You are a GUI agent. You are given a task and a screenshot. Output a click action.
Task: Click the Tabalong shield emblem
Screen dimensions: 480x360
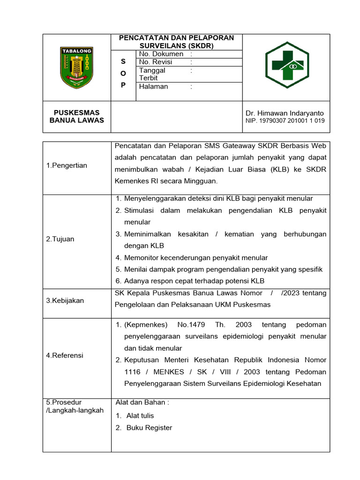pyautogui.click(x=77, y=67)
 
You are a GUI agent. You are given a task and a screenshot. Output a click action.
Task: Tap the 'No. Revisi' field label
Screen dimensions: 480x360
pyautogui.click(x=156, y=62)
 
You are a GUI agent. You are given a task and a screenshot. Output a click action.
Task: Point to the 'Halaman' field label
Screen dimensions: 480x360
pyautogui.click(x=153, y=86)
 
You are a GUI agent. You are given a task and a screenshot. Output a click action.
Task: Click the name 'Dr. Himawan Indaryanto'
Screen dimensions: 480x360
pyautogui.click(x=285, y=113)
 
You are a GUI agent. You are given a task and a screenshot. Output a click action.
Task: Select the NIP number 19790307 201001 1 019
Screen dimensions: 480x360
pyautogui.click(x=285, y=121)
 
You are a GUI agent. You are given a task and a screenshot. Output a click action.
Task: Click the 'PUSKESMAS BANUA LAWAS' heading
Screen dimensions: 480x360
pyautogui.click(x=77, y=116)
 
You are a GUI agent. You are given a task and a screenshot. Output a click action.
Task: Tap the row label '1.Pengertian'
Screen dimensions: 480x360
pyautogui.click(x=67, y=165)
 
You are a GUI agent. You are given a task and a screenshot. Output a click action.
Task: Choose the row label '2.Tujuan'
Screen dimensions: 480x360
pyautogui.click(x=60, y=239)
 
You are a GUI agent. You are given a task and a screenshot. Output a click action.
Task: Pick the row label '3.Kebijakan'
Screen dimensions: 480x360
pyautogui.click(x=65, y=300)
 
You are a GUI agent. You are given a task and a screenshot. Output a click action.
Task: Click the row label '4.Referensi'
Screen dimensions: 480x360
pyautogui.click(x=65, y=355)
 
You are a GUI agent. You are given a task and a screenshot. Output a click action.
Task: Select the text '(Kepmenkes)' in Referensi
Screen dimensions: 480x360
pyautogui.click(x=146, y=324)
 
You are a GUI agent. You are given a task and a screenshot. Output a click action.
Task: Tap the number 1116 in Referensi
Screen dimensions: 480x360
pyautogui.click(x=132, y=372)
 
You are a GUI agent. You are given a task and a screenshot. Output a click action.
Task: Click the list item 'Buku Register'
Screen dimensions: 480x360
pyautogui.click(x=149, y=427)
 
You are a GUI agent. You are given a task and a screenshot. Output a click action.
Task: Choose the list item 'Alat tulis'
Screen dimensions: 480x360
pyautogui.click(x=140, y=415)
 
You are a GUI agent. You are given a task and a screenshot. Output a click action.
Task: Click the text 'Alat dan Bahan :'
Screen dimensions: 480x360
pyautogui.click(x=142, y=402)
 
